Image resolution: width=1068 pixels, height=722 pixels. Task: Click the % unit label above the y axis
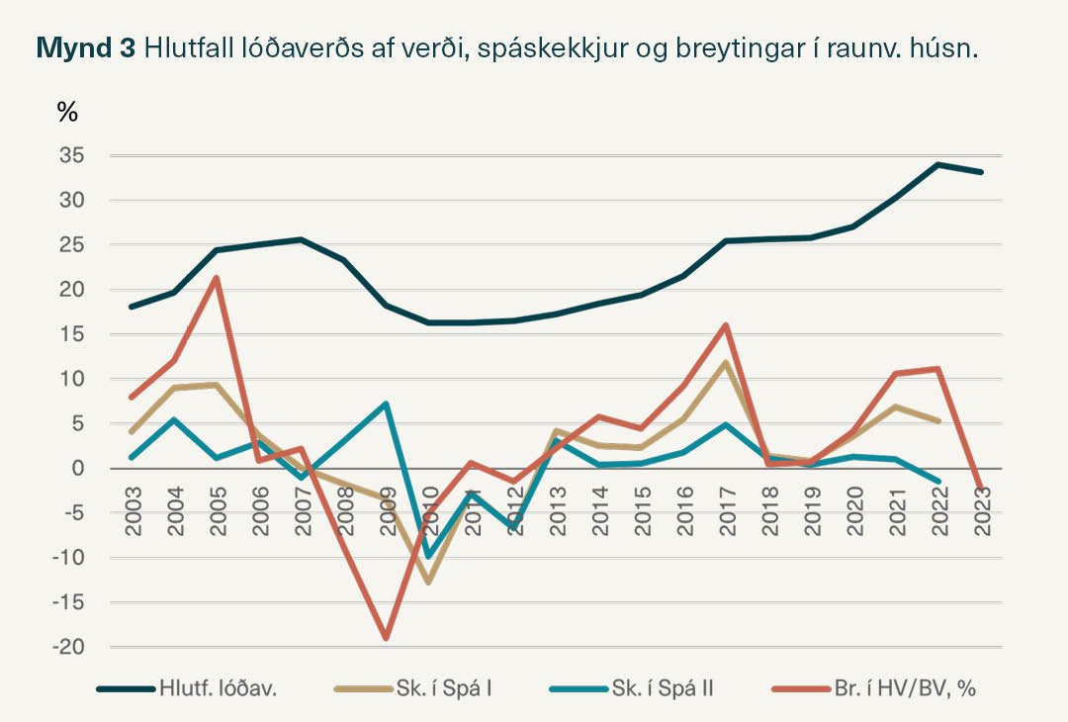coord(67,112)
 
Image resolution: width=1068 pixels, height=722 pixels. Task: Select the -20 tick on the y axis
coord(66,647)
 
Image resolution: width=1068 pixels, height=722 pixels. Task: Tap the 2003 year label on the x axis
coord(133,512)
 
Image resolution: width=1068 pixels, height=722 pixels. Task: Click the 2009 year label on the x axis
coord(387,512)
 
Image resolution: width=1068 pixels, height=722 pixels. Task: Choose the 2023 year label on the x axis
coord(982,512)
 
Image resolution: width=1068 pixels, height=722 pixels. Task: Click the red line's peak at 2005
coord(217,278)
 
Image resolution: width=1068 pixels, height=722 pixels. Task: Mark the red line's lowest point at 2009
coord(386,639)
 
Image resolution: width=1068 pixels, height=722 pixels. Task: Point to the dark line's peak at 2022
coord(937,164)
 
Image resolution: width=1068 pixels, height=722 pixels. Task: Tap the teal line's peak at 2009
coord(386,404)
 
